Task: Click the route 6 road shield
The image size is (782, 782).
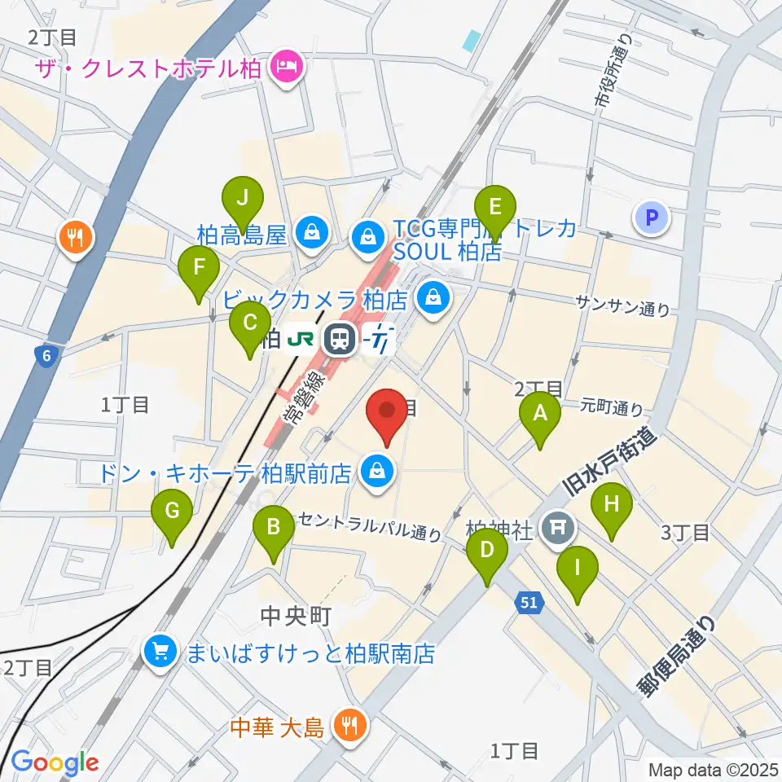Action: (46, 354)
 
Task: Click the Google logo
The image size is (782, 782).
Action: (55, 762)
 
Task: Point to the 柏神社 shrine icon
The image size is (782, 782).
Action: (558, 528)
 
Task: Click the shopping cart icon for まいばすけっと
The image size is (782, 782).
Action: (160, 652)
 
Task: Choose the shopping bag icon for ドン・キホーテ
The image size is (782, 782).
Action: (377, 471)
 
